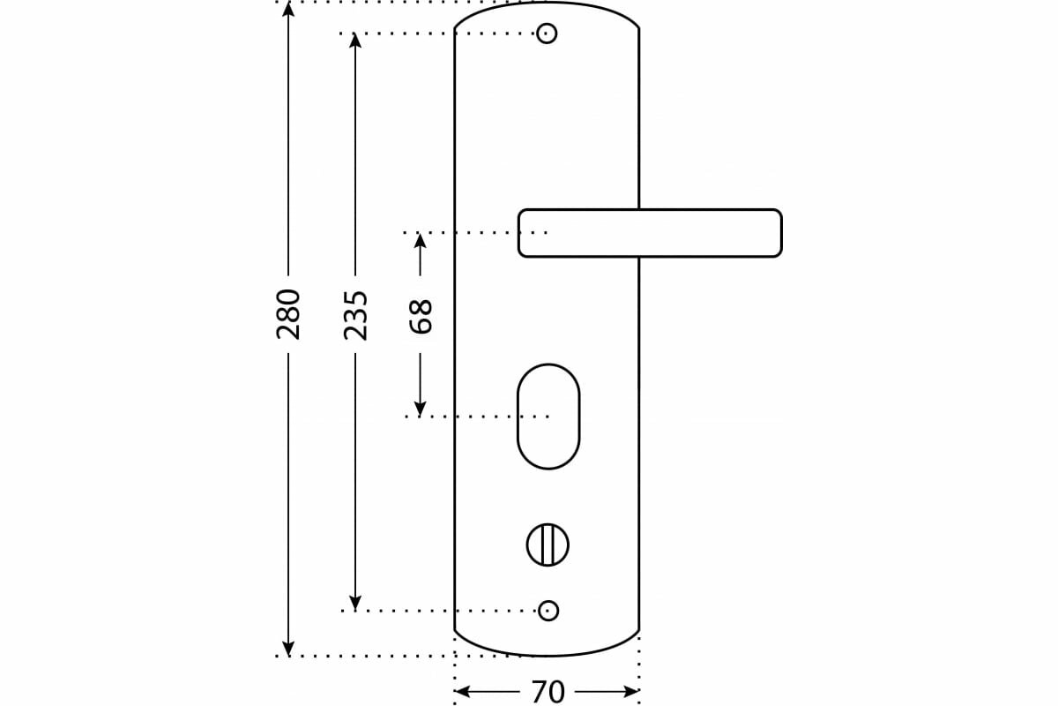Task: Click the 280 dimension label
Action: pyautogui.click(x=288, y=313)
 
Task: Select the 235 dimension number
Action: pyautogui.click(x=355, y=314)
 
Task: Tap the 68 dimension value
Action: pyautogui.click(x=421, y=316)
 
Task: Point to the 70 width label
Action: pyautogui.click(x=547, y=692)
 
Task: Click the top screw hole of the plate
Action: pyautogui.click(x=547, y=34)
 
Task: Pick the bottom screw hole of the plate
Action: pyautogui.click(x=548, y=610)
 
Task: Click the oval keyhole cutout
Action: pyautogui.click(x=548, y=417)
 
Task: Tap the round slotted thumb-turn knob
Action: pyautogui.click(x=548, y=545)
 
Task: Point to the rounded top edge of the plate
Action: pyautogui.click(x=547, y=4)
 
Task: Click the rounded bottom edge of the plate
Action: pyautogui.click(x=547, y=655)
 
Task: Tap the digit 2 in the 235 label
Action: pyautogui.click(x=355, y=330)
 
